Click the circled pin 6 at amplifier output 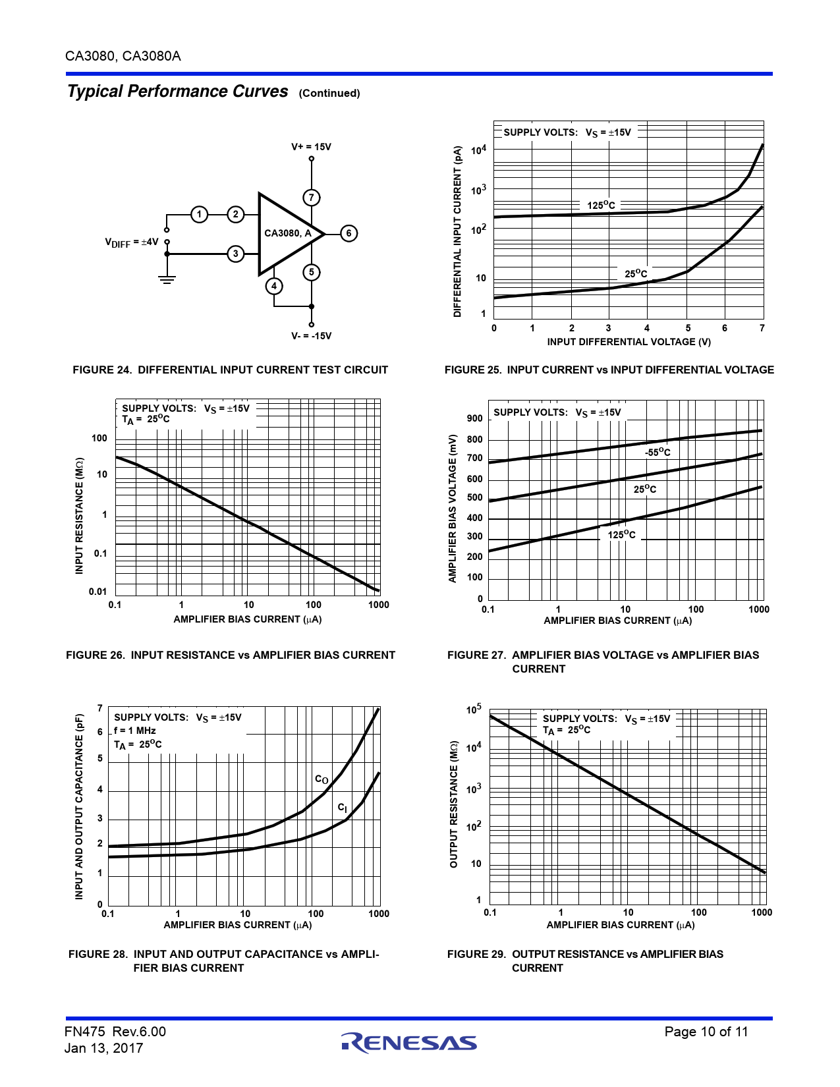click(x=349, y=233)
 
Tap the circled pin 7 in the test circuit click(x=312, y=197)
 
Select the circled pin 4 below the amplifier click(x=274, y=286)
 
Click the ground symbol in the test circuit click(x=167, y=279)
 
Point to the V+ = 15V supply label click(x=311, y=147)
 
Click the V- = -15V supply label click(x=311, y=336)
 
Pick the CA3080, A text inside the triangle click(x=288, y=233)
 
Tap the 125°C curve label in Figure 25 click(x=601, y=206)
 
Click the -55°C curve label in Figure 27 click(x=658, y=453)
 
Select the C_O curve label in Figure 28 click(x=322, y=779)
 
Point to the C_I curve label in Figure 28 click(x=343, y=808)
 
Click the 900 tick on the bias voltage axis click(x=474, y=418)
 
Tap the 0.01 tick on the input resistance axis click(x=98, y=592)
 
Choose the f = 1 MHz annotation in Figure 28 click(x=135, y=731)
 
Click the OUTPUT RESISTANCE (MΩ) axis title click(x=453, y=806)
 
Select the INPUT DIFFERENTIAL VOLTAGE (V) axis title click(x=629, y=342)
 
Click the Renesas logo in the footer click(x=409, y=1042)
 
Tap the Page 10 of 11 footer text click(x=706, y=1032)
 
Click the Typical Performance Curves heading click(x=178, y=92)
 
